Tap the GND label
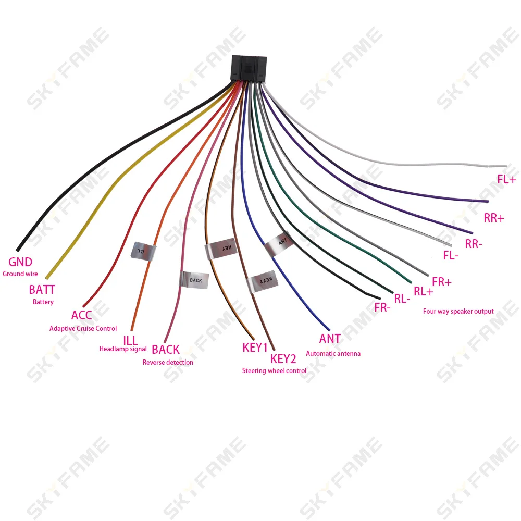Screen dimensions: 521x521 point(20,262)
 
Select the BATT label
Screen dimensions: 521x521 point(42,290)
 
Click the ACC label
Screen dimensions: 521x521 point(81,315)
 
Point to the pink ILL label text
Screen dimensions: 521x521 point(130,341)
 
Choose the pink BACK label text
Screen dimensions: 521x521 point(166,350)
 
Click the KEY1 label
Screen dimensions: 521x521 point(255,348)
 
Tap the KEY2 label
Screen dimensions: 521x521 point(283,359)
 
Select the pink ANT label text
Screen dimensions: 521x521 point(330,339)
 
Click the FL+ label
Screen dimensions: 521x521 point(506,179)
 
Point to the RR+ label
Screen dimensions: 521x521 point(494,218)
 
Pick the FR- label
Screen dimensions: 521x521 point(382,307)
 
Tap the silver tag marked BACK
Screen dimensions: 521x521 point(194,280)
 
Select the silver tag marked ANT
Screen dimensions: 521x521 point(279,244)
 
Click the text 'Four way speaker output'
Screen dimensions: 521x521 point(458,312)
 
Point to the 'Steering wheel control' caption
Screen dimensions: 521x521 point(274,371)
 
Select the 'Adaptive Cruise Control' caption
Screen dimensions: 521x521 point(83,329)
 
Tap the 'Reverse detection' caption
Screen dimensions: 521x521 point(168,362)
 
